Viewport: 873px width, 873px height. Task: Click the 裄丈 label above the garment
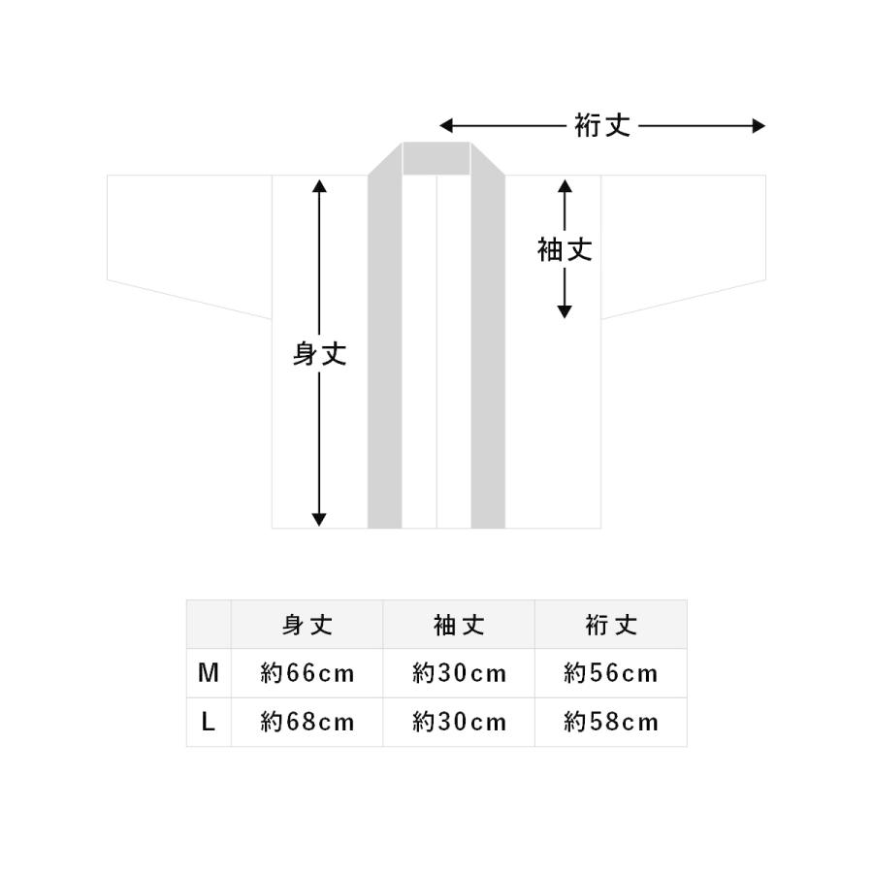click(x=602, y=126)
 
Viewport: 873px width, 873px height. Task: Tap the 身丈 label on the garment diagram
click(x=319, y=353)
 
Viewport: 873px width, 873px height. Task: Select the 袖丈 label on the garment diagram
click(x=565, y=249)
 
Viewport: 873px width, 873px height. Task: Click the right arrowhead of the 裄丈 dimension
click(x=759, y=126)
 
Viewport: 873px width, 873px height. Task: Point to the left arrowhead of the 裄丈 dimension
click(x=446, y=126)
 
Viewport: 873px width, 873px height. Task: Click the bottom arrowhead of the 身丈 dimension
click(x=319, y=520)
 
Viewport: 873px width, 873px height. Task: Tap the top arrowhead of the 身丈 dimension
click(x=319, y=186)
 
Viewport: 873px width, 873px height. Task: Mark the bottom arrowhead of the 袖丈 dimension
click(x=565, y=311)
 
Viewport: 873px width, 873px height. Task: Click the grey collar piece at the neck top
click(x=436, y=159)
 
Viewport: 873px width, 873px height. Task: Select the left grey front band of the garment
click(x=385, y=345)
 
